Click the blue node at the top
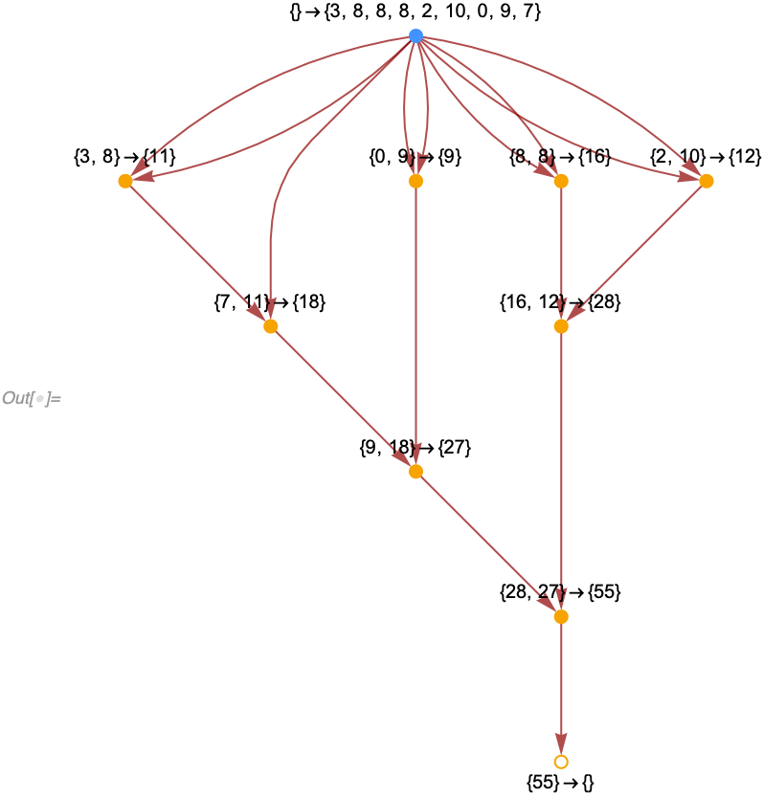pos(415,35)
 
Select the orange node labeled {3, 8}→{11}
pos(124,181)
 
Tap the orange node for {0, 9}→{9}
pos(415,181)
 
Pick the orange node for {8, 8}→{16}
pos(561,181)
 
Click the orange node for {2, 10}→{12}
pos(707,181)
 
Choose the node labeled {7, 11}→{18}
pos(270,326)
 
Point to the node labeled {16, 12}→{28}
pos(561,326)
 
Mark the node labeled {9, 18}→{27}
pos(415,472)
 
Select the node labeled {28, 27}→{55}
pos(561,617)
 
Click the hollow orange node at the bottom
pos(561,762)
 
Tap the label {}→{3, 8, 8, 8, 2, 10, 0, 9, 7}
pos(415,13)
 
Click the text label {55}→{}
pos(561,783)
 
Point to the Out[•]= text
pos(32,398)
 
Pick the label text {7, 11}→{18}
pos(270,302)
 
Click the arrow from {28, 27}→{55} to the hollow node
pos(561,689)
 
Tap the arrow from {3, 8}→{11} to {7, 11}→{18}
pos(197,254)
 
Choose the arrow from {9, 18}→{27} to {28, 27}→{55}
pos(488,544)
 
